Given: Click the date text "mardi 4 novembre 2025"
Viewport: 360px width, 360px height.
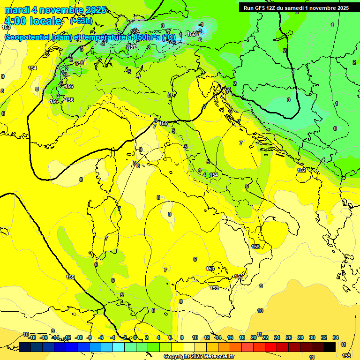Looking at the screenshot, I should (55, 10).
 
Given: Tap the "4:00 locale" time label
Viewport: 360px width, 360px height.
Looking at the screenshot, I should (33, 21).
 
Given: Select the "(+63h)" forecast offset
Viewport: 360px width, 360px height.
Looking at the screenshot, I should (81, 21).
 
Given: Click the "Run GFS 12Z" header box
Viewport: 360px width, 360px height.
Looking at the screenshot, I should (296, 7).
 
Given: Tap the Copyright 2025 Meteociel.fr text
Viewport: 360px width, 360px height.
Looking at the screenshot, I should (199, 356).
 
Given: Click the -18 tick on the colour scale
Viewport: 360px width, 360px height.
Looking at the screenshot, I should (32, 337).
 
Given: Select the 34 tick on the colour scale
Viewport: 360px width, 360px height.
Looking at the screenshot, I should (336, 337).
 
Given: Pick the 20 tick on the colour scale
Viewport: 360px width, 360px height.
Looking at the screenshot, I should (254, 337).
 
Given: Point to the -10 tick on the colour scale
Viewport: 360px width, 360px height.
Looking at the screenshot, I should (79, 337).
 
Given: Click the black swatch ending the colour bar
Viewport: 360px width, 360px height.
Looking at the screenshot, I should (330, 347).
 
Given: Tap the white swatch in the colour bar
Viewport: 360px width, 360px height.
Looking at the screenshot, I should (189, 347).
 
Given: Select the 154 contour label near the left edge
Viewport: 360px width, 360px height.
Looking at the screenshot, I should (32, 68).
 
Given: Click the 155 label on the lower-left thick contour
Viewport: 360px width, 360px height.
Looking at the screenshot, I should (70, 277).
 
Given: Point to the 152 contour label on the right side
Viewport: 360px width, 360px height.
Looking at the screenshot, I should (302, 170).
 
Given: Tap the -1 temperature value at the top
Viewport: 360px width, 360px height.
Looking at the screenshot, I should (201, 24).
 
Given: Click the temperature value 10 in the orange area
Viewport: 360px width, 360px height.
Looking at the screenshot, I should (260, 311).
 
